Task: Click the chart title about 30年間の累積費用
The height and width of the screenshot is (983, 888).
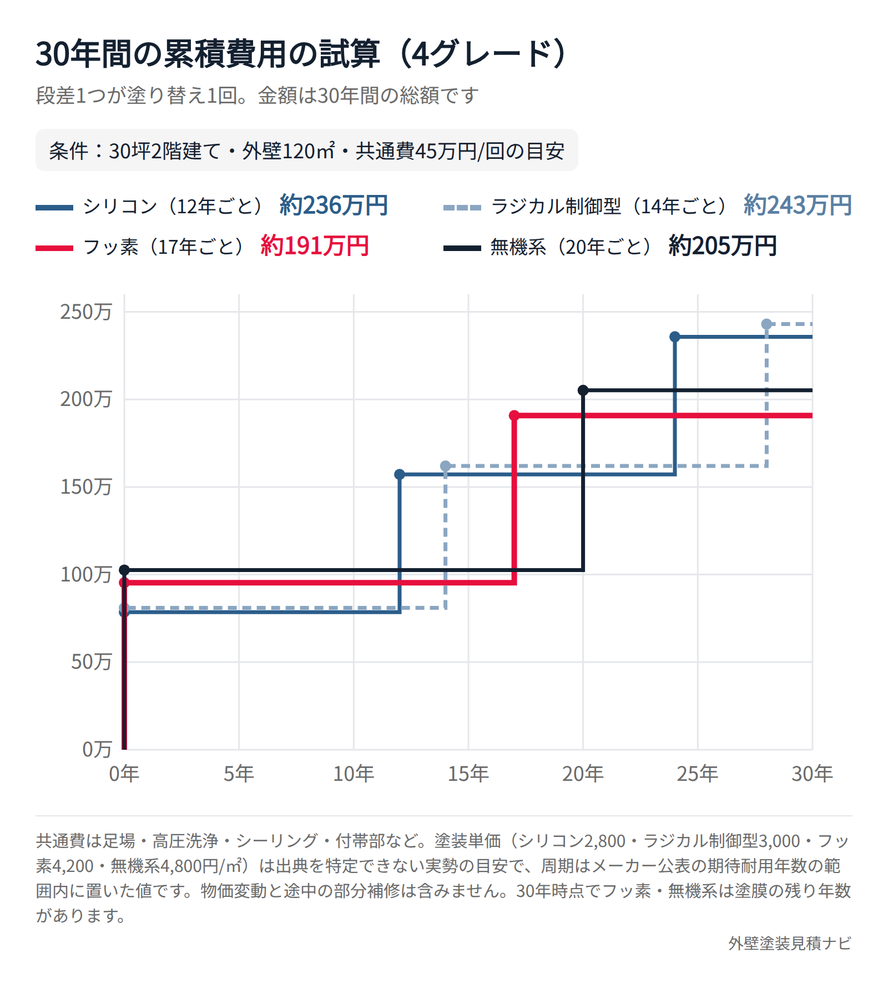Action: pos(301,54)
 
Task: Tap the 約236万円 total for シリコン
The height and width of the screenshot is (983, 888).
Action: pos(334,205)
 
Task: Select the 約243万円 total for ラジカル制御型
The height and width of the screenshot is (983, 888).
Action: pos(798,205)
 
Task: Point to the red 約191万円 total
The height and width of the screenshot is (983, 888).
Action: pos(315,246)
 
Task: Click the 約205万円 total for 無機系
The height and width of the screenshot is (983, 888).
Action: pos(723,246)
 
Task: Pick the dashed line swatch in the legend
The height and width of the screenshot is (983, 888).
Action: pos(462,208)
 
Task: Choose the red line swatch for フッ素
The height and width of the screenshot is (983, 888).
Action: pos(54,248)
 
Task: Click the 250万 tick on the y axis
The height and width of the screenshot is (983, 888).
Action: pos(86,312)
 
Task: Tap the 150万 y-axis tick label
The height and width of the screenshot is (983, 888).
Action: pos(86,487)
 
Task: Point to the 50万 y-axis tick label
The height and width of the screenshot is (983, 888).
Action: pos(92,661)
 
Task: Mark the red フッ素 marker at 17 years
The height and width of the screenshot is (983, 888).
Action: pos(514,415)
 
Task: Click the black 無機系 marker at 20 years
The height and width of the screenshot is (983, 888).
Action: pos(583,390)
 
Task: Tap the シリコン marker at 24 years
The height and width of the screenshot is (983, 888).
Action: pos(675,337)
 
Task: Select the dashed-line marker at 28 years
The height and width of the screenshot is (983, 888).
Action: pos(766,324)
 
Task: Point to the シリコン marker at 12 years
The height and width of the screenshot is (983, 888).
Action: pos(400,474)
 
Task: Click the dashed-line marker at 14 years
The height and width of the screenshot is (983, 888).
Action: pos(446,466)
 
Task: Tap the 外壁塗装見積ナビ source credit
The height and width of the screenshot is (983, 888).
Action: pos(790,943)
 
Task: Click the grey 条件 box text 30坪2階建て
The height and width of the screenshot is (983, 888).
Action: pos(165,151)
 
